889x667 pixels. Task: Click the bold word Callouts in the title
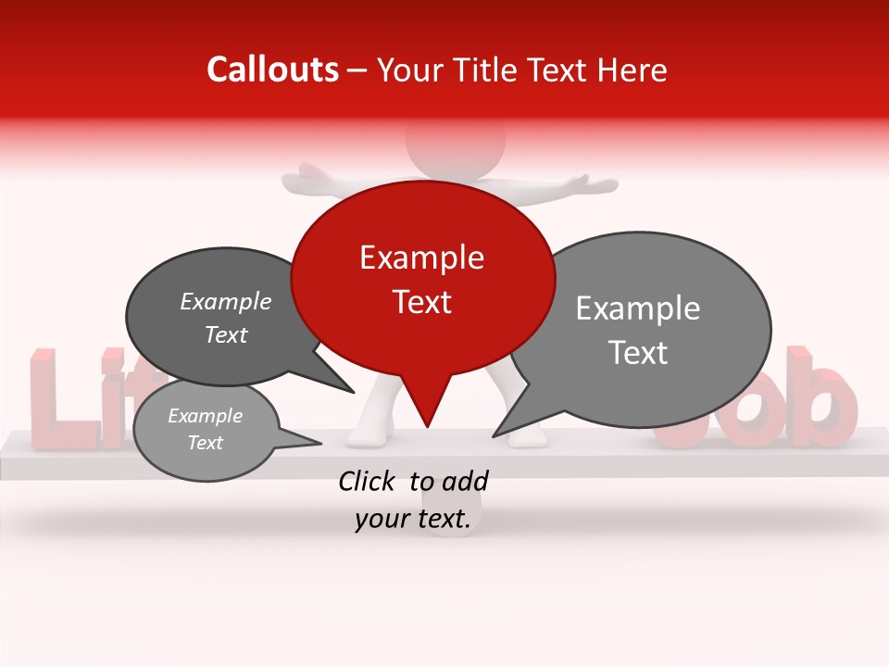(x=272, y=69)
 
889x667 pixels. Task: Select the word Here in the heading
(x=632, y=69)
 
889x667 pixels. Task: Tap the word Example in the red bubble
(x=421, y=258)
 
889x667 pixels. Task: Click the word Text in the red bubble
(x=421, y=302)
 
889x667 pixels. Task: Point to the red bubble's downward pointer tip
(x=427, y=426)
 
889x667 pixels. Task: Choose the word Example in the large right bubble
(x=638, y=308)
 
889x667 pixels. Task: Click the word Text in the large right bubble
(x=638, y=353)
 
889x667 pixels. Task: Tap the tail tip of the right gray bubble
(x=494, y=435)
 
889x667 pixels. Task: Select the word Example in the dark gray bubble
(x=226, y=302)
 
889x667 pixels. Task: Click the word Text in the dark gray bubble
(x=226, y=335)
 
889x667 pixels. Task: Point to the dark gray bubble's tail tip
(x=354, y=392)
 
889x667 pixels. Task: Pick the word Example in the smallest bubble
(x=206, y=416)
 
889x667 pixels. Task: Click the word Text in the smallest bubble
(x=206, y=443)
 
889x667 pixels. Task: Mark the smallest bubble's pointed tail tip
(x=321, y=442)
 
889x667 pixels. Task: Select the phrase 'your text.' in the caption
(x=413, y=520)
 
